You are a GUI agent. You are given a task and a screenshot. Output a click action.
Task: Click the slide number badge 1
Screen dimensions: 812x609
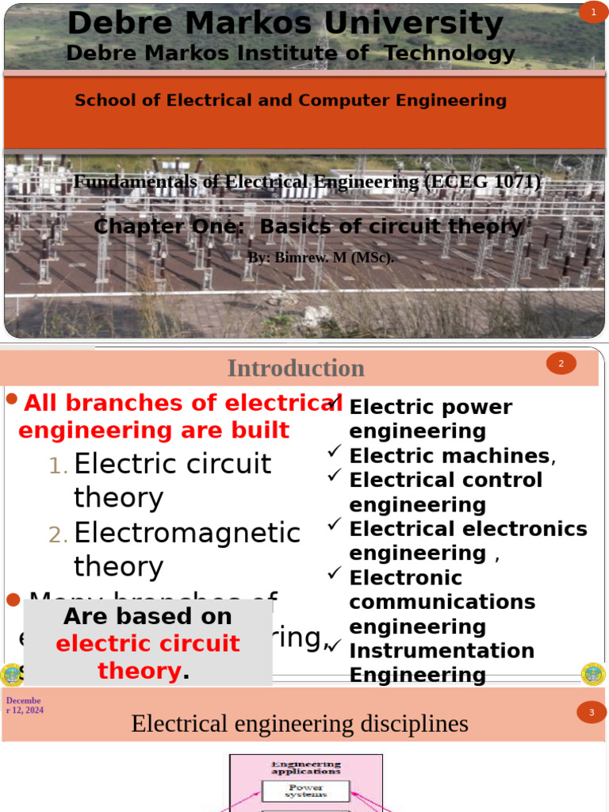[x=592, y=12]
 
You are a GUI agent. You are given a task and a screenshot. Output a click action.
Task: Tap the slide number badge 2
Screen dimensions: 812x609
[x=561, y=364]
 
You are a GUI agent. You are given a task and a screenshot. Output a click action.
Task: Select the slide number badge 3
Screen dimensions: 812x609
[x=592, y=713]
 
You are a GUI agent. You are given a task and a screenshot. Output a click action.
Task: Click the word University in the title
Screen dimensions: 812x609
[x=413, y=24]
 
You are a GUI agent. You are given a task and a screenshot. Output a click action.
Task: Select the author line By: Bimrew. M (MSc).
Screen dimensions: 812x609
[x=320, y=258]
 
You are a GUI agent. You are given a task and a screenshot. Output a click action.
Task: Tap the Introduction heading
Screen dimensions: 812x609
[x=296, y=368]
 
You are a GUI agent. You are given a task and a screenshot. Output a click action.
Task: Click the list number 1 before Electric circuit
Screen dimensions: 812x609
[x=58, y=467]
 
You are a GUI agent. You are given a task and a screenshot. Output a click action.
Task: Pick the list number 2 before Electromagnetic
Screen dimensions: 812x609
[x=58, y=536]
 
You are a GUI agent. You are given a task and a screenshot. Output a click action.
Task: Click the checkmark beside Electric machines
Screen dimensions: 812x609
[x=335, y=452]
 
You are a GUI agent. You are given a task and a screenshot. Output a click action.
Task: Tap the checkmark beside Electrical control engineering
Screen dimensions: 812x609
[x=335, y=477]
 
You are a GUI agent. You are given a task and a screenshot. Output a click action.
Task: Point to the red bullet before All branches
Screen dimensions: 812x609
[x=11, y=399]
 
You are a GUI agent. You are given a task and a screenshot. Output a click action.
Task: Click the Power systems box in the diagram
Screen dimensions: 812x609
[x=305, y=791]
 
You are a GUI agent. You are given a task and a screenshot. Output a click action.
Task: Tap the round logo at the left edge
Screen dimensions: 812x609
[x=11, y=675]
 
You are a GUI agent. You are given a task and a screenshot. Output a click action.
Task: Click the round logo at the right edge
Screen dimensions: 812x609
[x=592, y=674]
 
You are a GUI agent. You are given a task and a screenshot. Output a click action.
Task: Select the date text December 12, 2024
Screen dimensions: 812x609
[x=24, y=706]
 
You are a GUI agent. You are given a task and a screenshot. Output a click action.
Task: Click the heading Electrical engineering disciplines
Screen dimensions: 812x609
[x=300, y=724]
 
